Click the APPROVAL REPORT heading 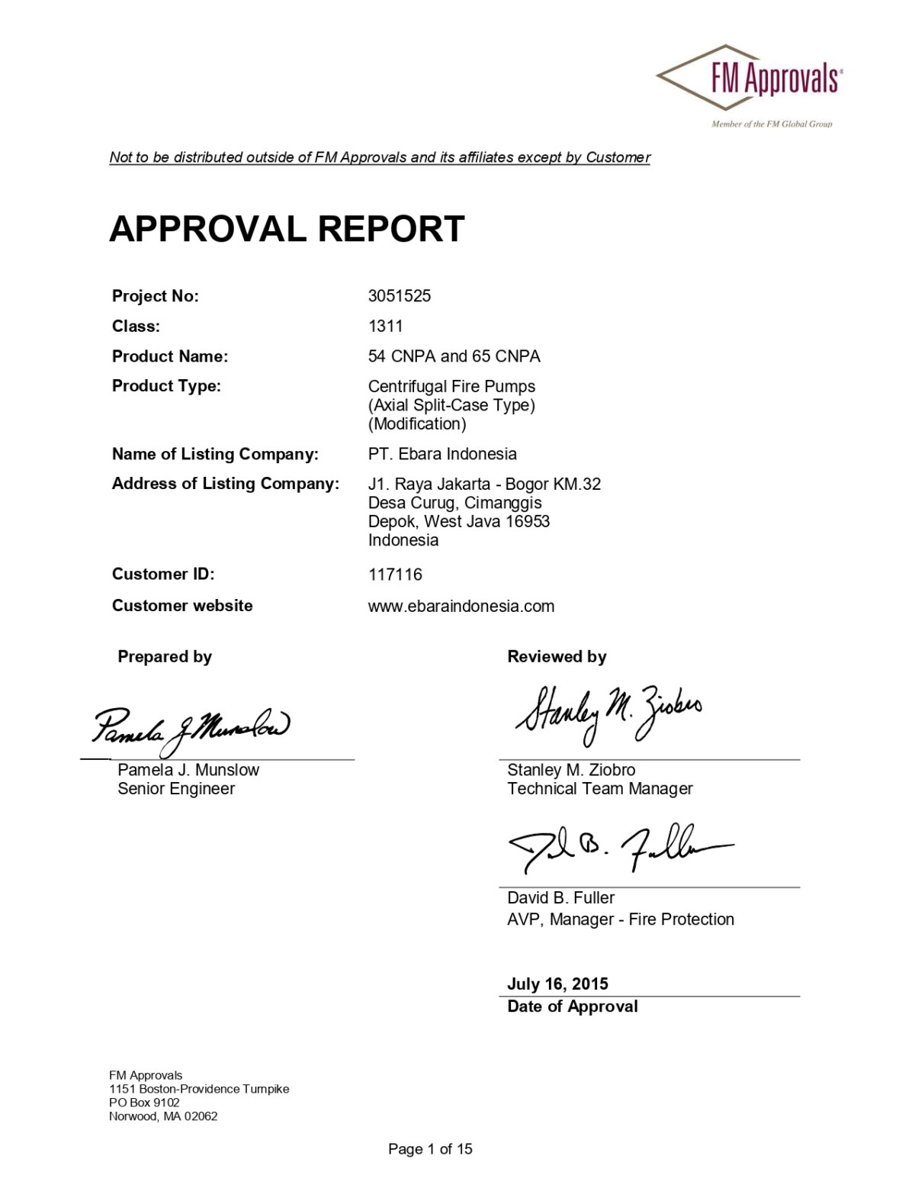[287, 229]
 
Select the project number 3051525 [400, 296]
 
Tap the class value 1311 [386, 327]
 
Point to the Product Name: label [170, 356]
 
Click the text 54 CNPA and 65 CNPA [454, 356]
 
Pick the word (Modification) [417, 423]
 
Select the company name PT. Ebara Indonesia [442, 454]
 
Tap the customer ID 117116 [395, 575]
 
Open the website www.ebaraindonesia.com [461, 607]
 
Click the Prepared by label [165, 657]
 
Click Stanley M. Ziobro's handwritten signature [608, 713]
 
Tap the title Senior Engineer [176, 789]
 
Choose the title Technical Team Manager [600, 789]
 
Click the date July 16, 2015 [558, 984]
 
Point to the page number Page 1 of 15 [430, 1149]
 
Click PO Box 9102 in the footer [144, 1103]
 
